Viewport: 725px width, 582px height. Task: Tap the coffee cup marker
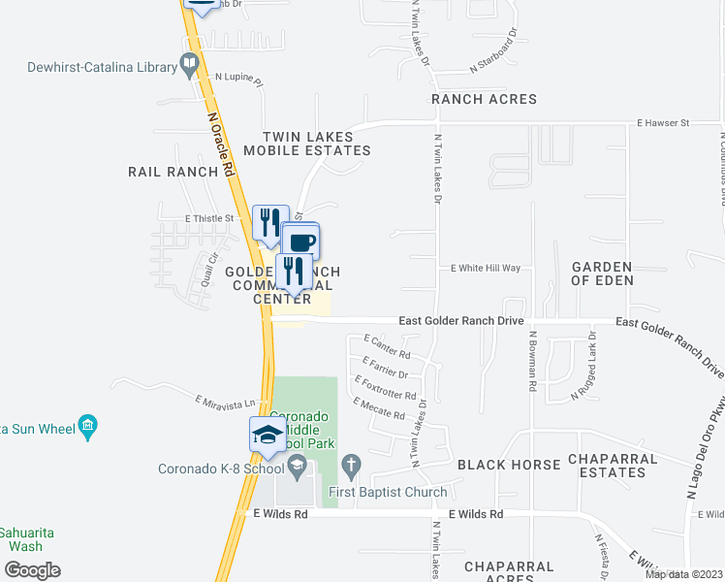click(301, 242)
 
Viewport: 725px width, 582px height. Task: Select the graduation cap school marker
click(267, 436)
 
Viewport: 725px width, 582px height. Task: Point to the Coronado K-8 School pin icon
click(297, 469)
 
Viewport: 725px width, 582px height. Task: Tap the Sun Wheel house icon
click(88, 425)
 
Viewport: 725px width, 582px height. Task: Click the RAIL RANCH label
click(173, 172)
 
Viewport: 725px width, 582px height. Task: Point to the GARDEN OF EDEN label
click(602, 274)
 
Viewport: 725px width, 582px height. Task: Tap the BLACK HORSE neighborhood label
click(509, 465)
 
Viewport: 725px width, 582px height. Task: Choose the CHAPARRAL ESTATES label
click(607, 466)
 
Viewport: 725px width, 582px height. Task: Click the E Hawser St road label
click(662, 123)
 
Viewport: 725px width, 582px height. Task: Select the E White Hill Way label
click(486, 268)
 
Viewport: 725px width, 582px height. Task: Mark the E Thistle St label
click(209, 218)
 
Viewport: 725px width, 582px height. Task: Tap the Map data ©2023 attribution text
click(683, 574)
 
